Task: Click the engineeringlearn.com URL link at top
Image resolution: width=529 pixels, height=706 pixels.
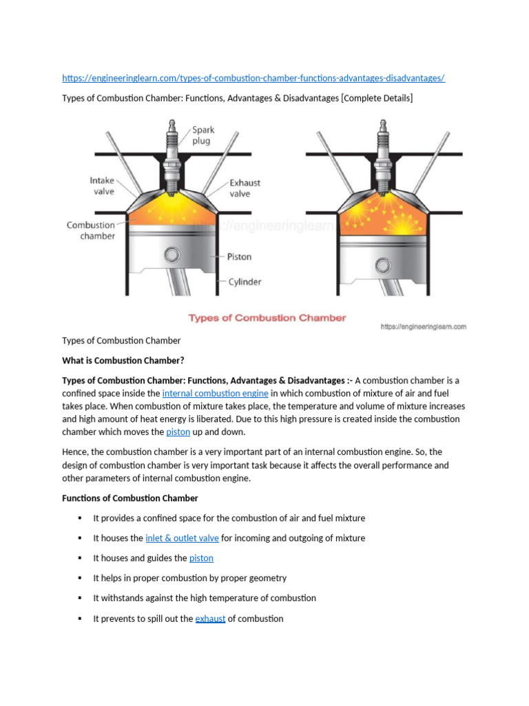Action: (x=253, y=79)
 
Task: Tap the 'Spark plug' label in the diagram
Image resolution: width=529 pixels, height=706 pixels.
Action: (x=203, y=135)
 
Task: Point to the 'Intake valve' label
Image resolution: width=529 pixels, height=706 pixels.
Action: (x=102, y=186)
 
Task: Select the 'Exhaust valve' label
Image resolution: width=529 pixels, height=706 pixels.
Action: (x=245, y=188)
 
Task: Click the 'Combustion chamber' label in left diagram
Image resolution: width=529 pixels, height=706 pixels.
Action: (x=91, y=230)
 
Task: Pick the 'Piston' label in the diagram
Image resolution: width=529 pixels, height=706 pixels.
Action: (x=239, y=256)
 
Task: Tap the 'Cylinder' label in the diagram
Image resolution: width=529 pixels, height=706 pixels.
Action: (x=244, y=281)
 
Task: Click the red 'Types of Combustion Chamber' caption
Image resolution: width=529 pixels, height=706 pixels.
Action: (x=267, y=318)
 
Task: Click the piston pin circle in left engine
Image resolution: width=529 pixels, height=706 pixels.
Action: (x=172, y=256)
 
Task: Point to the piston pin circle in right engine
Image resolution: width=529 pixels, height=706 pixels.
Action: (x=382, y=256)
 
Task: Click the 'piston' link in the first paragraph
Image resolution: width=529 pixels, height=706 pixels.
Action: (x=178, y=432)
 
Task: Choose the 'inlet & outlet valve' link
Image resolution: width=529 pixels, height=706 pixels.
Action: (x=182, y=538)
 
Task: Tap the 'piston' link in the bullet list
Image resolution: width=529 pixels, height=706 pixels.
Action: (x=201, y=558)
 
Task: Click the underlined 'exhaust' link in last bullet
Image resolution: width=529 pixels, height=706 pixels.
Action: (x=210, y=618)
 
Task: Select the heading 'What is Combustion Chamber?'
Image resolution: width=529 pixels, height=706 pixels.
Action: (x=123, y=361)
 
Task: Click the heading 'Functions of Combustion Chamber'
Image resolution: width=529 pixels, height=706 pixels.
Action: (x=130, y=498)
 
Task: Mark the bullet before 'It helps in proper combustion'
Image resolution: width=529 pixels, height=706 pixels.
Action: (x=80, y=578)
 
